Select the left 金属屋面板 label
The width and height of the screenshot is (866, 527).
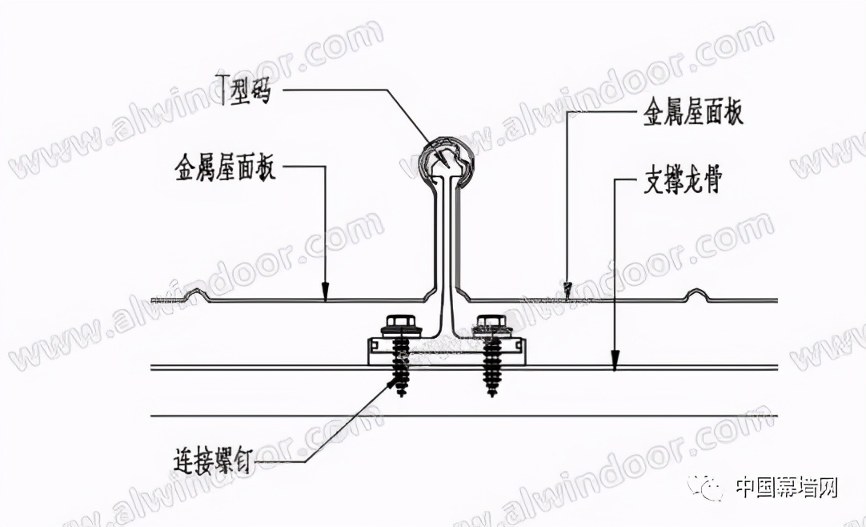(224, 170)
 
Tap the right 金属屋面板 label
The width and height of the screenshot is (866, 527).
(693, 114)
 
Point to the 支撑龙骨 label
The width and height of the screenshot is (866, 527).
(683, 183)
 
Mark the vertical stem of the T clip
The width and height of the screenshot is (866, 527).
(445, 240)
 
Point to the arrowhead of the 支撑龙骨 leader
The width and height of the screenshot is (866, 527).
(613, 364)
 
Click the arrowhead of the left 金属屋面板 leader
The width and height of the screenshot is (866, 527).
(326, 295)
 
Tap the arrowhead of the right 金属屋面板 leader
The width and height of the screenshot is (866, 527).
(567, 289)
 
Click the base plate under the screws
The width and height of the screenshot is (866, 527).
(448, 352)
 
